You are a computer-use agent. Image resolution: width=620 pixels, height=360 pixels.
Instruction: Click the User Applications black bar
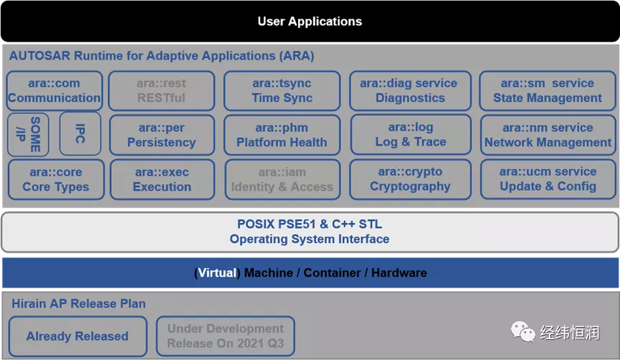click(x=310, y=22)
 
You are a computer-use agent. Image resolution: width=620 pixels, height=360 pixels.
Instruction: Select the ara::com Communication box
click(x=54, y=90)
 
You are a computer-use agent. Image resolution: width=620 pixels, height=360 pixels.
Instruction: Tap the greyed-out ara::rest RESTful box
click(x=161, y=90)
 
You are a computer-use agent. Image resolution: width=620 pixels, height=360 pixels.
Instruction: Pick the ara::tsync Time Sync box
click(x=282, y=90)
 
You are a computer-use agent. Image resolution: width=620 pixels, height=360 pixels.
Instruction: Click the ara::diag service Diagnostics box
click(x=410, y=90)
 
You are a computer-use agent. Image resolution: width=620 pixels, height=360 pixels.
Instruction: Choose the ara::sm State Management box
click(x=547, y=90)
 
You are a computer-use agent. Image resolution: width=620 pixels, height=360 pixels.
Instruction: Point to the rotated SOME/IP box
click(x=28, y=135)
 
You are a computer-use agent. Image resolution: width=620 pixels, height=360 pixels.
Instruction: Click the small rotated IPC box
click(x=80, y=133)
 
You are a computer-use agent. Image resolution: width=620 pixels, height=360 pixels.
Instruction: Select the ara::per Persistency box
click(x=162, y=135)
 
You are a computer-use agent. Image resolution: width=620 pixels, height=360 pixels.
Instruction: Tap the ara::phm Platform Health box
click(x=282, y=135)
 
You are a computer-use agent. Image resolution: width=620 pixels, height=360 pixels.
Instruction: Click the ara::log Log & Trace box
click(x=411, y=135)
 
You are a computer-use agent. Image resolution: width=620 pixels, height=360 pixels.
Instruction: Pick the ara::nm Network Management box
click(x=548, y=135)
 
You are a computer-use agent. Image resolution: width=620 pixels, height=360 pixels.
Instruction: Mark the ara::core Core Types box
click(x=56, y=179)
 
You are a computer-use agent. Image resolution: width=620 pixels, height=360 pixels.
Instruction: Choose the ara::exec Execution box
click(x=162, y=179)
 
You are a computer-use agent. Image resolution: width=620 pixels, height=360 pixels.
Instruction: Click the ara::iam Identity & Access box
click(x=282, y=179)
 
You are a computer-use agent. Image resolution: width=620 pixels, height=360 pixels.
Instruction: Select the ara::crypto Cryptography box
click(x=410, y=179)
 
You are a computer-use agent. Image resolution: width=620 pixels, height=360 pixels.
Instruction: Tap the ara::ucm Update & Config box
click(x=548, y=179)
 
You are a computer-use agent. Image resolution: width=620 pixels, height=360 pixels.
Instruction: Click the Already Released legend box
click(x=77, y=336)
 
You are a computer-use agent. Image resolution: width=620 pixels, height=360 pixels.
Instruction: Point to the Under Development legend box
click(x=225, y=336)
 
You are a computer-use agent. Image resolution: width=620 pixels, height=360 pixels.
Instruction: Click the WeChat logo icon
click(x=523, y=331)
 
